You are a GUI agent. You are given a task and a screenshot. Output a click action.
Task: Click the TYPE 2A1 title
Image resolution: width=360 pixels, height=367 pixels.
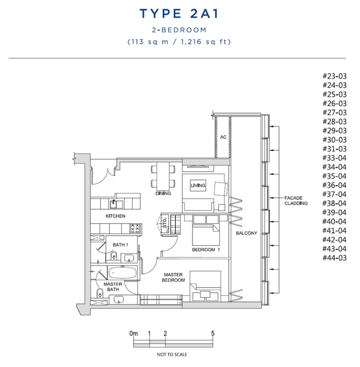(179, 14)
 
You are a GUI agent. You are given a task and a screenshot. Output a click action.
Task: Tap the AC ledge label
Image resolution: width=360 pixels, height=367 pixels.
(223, 137)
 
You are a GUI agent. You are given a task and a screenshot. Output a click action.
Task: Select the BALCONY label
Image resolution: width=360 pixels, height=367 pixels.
(246, 233)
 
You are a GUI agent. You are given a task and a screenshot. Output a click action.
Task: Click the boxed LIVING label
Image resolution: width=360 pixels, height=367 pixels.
(198, 185)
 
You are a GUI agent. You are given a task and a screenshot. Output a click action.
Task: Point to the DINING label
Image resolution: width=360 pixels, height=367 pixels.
(163, 194)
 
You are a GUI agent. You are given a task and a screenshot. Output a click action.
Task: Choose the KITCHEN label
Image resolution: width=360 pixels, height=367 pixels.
(115, 216)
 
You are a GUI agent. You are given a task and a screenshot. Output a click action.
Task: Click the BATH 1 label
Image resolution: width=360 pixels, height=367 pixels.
(120, 245)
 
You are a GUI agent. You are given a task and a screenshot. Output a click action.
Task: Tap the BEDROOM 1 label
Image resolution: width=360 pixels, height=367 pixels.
(206, 250)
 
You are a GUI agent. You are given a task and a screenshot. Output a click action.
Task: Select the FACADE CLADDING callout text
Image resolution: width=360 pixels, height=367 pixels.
(296, 201)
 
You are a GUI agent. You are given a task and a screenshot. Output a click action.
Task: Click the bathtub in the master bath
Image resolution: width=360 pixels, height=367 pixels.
(122, 273)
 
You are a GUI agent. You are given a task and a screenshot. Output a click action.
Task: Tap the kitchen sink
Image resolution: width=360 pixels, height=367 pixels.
(116, 204)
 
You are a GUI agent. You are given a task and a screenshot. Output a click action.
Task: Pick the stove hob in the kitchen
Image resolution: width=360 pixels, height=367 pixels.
(135, 228)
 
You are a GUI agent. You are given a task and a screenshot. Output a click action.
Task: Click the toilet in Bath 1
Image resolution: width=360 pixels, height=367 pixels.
(114, 255)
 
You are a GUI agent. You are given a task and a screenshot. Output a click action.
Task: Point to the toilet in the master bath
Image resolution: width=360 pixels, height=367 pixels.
(100, 293)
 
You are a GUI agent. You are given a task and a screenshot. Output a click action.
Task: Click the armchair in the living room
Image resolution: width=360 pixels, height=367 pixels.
(221, 189)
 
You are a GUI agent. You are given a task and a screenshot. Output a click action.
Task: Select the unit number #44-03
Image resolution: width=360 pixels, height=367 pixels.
(334, 258)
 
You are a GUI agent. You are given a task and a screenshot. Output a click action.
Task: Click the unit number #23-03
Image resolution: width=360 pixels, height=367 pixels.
(334, 76)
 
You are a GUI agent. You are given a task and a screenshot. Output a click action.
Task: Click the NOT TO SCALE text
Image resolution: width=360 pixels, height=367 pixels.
(172, 354)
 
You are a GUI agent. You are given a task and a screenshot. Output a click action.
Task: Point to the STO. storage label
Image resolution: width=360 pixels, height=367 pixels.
(165, 223)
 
